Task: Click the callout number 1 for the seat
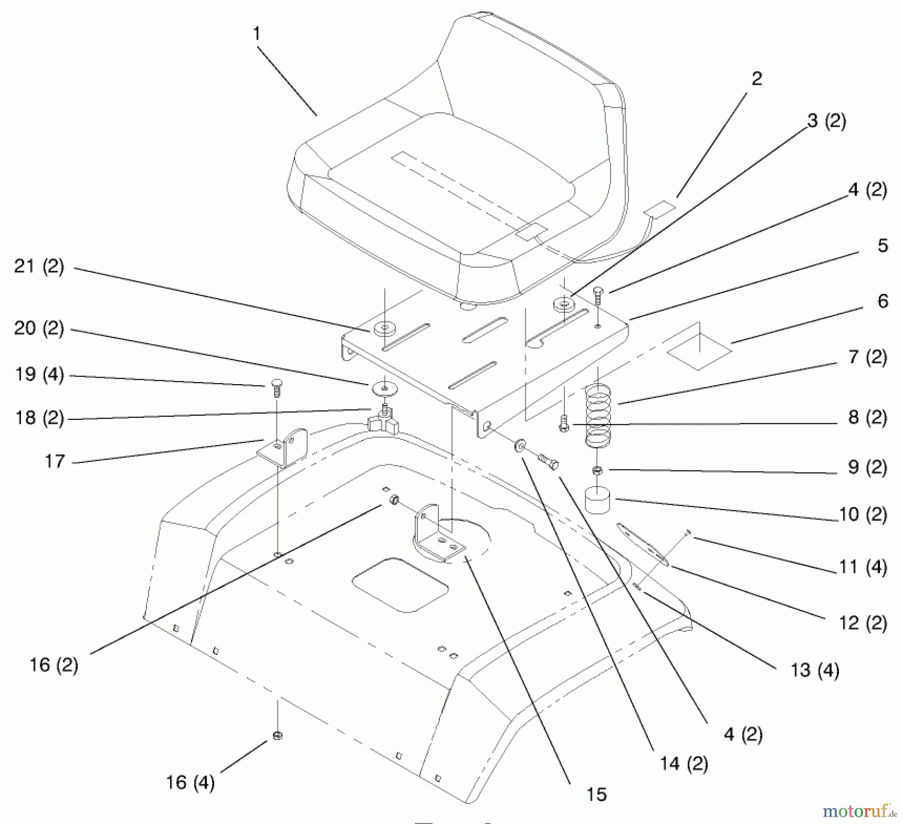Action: tap(256, 34)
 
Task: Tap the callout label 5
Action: tap(882, 246)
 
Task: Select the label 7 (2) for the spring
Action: tap(867, 358)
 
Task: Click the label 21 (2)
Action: tap(39, 266)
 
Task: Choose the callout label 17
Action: tap(55, 461)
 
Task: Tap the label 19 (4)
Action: tap(39, 375)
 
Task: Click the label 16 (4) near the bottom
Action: tap(190, 782)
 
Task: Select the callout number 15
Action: tap(596, 794)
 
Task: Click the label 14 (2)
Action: tap(684, 764)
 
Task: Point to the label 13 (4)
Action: tap(815, 670)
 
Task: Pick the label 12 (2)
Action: tap(863, 623)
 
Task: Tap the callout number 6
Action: tap(882, 301)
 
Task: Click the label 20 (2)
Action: tap(39, 328)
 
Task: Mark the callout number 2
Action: tap(757, 78)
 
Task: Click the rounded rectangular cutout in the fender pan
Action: tap(400, 585)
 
